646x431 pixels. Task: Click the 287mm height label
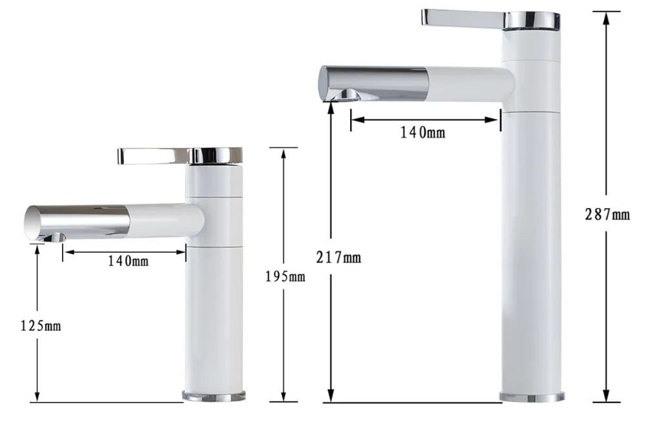point(607,215)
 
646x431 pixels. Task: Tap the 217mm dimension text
point(339,258)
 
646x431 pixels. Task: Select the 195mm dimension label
point(285,277)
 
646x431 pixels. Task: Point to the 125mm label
point(41,326)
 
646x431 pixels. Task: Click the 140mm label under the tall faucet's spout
point(422,132)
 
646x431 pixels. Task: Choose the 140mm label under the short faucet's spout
point(128,261)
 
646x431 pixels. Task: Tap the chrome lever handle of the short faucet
point(154,156)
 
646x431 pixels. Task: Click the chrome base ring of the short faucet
point(213,395)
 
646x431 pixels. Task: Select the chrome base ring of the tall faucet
point(532,397)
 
